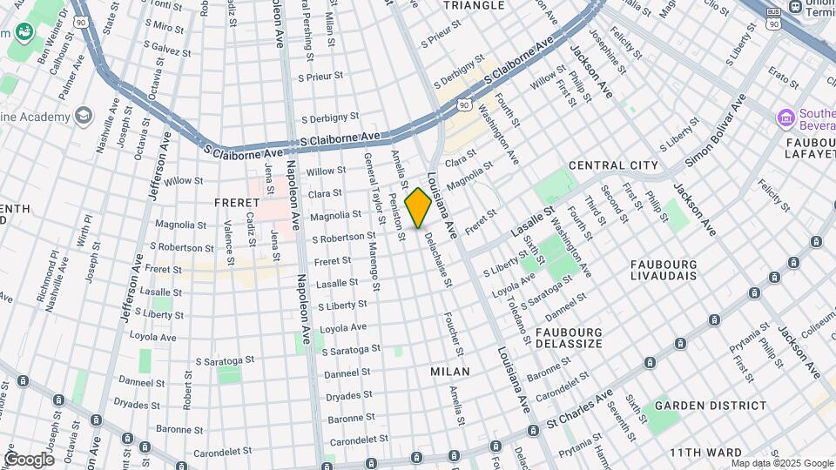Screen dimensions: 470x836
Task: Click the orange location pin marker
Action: click(418, 207)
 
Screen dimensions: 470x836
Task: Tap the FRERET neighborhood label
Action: click(233, 202)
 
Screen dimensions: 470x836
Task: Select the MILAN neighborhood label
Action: click(450, 372)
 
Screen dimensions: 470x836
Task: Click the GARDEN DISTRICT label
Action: click(698, 406)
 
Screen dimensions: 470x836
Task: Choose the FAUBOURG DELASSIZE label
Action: click(570, 338)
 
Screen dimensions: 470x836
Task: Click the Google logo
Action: click(28, 459)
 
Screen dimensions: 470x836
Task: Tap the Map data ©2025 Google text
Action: click(790, 463)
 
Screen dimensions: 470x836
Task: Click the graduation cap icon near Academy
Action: click(83, 116)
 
